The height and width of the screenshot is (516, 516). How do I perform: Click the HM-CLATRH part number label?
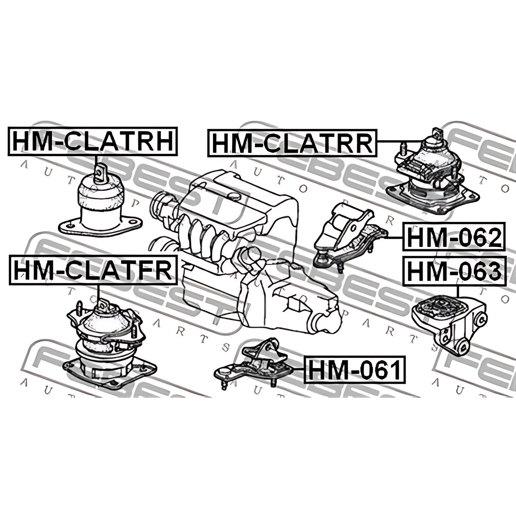pyautogui.click(x=93, y=141)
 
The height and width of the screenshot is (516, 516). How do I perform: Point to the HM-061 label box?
pyautogui.click(x=355, y=369)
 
